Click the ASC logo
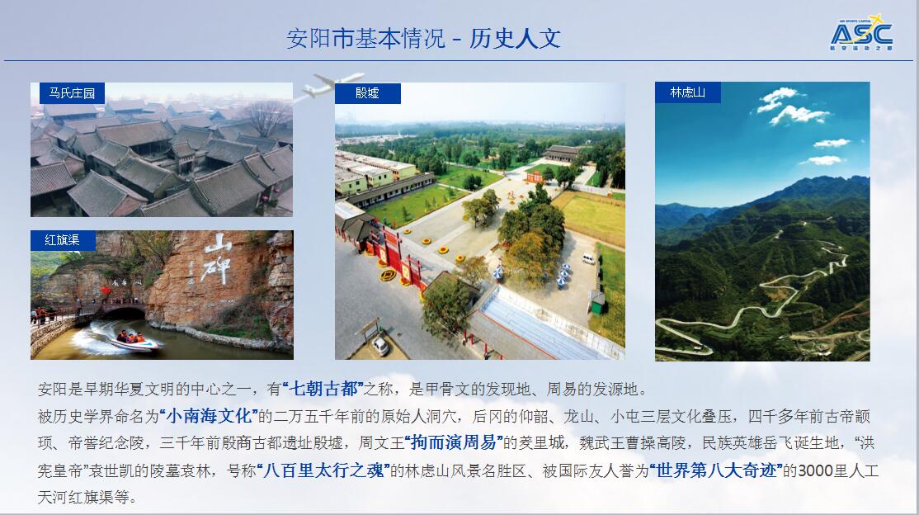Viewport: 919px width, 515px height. click(x=861, y=33)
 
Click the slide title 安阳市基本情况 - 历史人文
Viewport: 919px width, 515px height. click(x=423, y=39)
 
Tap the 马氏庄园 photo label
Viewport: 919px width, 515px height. click(x=72, y=92)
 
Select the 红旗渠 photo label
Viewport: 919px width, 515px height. click(x=63, y=240)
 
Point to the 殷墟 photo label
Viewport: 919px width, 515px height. click(x=367, y=93)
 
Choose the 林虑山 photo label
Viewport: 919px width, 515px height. click(x=687, y=92)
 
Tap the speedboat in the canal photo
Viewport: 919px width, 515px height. click(x=134, y=342)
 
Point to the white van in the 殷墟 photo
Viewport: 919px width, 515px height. click(x=588, y=258)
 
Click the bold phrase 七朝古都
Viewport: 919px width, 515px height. click(x=323, y=388)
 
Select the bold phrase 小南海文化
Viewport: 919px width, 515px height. click(x=209, y=416)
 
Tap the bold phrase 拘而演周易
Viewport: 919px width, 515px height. click(x=454, y=443)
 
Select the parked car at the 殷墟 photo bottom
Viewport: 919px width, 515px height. click(x=380, y=346)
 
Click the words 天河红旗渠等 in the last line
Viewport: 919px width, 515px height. click(x=82, y=498)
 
